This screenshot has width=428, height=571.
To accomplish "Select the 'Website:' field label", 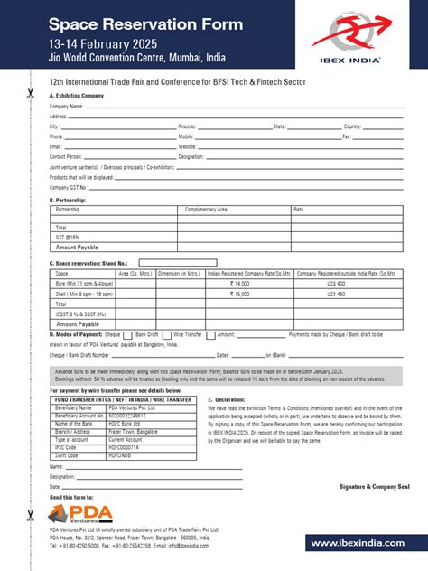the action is (x=188, y=145).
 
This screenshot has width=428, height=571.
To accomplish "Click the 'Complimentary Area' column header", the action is (x=206, y=209).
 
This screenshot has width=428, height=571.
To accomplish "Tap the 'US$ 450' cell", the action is (x=336, y=294).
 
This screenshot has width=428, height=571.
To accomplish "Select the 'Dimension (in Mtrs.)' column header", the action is (x=180, y=273).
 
